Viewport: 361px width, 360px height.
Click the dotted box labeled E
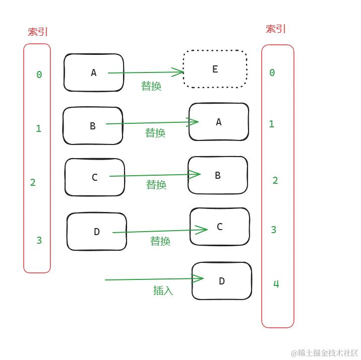215,69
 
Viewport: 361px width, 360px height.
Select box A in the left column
94,73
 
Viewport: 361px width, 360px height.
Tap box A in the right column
219,122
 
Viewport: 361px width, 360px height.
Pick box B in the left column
93,126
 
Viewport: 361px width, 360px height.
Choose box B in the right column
218,175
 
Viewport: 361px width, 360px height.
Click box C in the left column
95,177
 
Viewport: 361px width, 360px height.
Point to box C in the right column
220,227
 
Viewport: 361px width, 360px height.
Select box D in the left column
97,232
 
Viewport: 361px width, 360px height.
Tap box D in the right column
222,281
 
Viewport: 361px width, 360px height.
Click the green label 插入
163,291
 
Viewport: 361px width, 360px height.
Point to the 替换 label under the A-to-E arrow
151,86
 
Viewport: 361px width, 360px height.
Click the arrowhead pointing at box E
179,72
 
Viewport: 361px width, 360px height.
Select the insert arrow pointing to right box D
151,279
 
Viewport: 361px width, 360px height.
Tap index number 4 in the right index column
276,284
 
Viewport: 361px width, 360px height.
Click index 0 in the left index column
39,75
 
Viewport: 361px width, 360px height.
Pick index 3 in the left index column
39,240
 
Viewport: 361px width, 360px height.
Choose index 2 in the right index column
275,180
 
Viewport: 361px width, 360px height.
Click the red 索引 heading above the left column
38,32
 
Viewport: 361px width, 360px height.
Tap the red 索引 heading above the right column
276,29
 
